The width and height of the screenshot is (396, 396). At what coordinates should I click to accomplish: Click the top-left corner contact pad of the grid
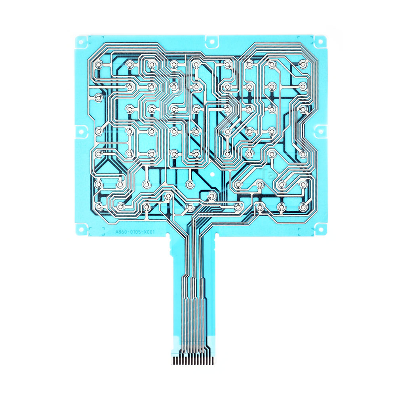(x=98, y=63)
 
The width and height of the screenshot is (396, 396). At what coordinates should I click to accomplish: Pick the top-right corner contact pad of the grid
(x=303, y=63)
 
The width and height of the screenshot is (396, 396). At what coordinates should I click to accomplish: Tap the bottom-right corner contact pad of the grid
(x=303, y=206)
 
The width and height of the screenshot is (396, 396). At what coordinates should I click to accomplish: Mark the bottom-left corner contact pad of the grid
(x=98, y=206)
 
